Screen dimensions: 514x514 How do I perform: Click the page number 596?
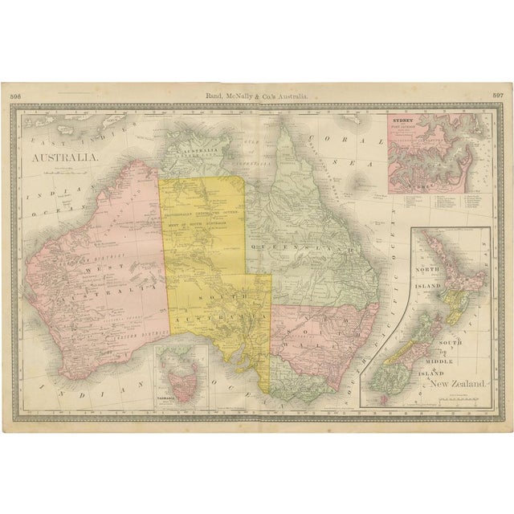(x=15, y=96)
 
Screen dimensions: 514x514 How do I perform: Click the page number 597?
(x=497, y=96)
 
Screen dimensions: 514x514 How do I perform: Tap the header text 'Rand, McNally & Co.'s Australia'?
(x=256, y=96)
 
